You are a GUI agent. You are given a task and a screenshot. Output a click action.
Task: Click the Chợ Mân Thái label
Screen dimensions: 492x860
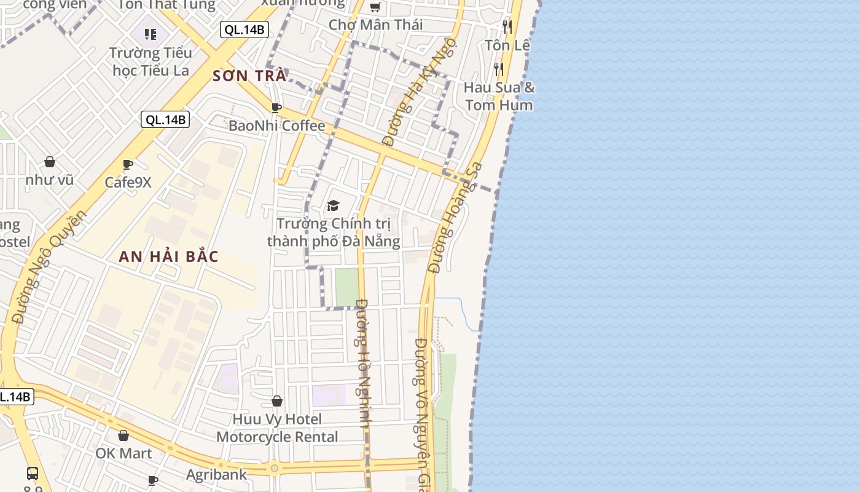click(376, 25)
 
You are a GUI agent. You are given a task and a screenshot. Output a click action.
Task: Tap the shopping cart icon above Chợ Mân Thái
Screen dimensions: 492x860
click(375, 7)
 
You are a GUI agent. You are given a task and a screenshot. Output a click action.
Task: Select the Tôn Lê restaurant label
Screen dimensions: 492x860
click(507, 45)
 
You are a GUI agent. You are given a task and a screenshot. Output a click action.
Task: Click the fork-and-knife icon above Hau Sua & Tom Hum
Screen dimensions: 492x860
click(499, 69)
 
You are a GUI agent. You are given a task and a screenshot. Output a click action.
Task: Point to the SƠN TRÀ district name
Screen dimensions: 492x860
click(249, 76)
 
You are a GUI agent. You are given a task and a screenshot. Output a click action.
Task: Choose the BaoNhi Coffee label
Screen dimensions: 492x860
click(276, 125)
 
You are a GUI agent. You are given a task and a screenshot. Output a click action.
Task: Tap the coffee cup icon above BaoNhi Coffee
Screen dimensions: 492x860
click(276, 108)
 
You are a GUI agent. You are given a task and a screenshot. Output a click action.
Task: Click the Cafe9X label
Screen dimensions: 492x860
click(128, 182)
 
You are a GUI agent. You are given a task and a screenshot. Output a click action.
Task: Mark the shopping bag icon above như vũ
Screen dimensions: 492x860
click(50, 162)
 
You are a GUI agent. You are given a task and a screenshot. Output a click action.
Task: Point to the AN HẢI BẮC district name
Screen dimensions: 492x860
click(169, 256)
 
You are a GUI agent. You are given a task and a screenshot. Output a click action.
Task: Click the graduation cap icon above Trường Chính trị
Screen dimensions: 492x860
click(333, 205)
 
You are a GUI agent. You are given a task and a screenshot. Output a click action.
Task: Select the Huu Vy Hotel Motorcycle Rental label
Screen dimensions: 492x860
click(277, 428)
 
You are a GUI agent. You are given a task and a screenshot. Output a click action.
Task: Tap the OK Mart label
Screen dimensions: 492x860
click(123, 453)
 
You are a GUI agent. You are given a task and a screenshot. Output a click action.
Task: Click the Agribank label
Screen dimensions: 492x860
click(216, 474)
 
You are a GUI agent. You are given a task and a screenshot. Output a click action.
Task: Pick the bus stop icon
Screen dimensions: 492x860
click(33, 474)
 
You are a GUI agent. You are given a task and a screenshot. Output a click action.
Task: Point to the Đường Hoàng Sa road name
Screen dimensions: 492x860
click(455, 218)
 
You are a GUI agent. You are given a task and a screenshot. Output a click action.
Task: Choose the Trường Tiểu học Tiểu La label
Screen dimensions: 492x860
click(150, 61)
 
